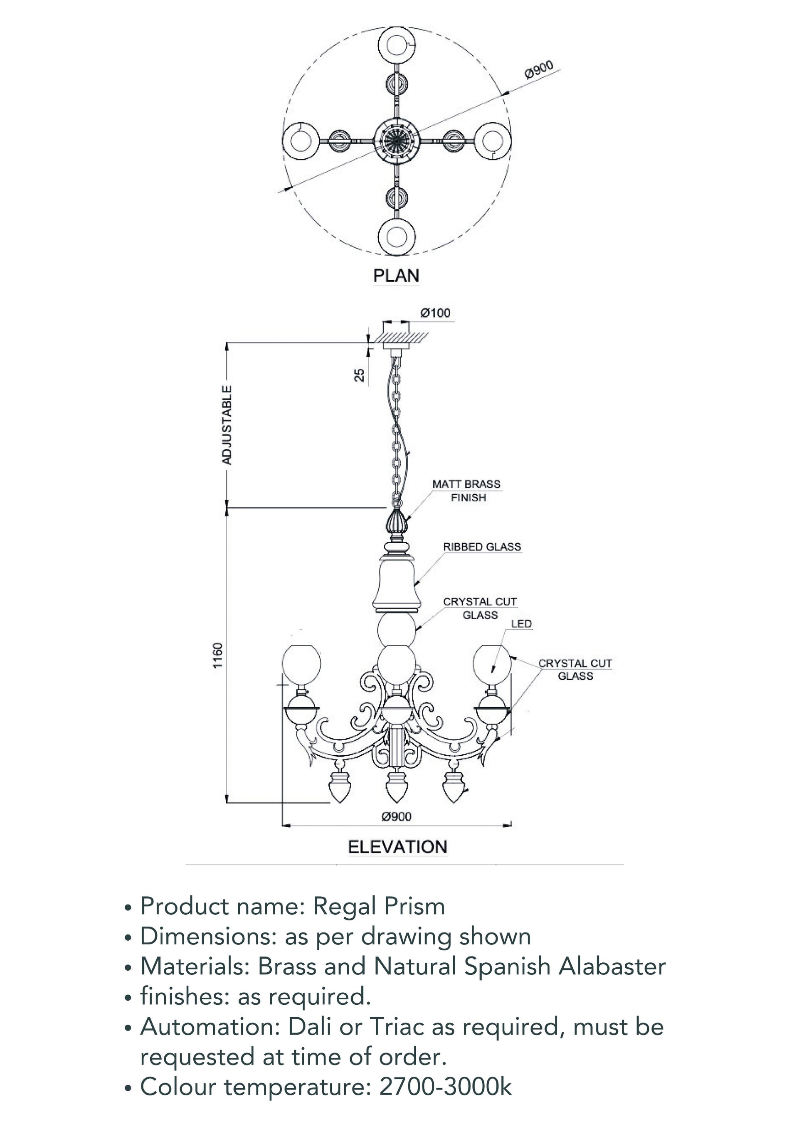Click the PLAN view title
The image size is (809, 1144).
click(396, 276)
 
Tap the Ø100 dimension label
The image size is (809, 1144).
click(435, 313)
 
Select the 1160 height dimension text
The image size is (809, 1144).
click(218, 656)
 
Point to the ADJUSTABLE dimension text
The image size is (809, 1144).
click(227, 424)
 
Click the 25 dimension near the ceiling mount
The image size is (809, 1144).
click(359, 375)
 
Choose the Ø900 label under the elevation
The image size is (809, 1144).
click(397, 817)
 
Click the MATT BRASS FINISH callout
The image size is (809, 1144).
click(466, 491)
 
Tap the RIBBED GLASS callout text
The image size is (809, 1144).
click(482, 547)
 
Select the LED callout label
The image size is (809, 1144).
click(521, 624)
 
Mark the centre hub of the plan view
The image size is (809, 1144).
click(397, 140)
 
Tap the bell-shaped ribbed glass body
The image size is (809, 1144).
click(397, 580)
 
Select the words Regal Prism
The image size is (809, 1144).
click(379, 906)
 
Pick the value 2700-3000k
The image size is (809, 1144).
click(445, 1087)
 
